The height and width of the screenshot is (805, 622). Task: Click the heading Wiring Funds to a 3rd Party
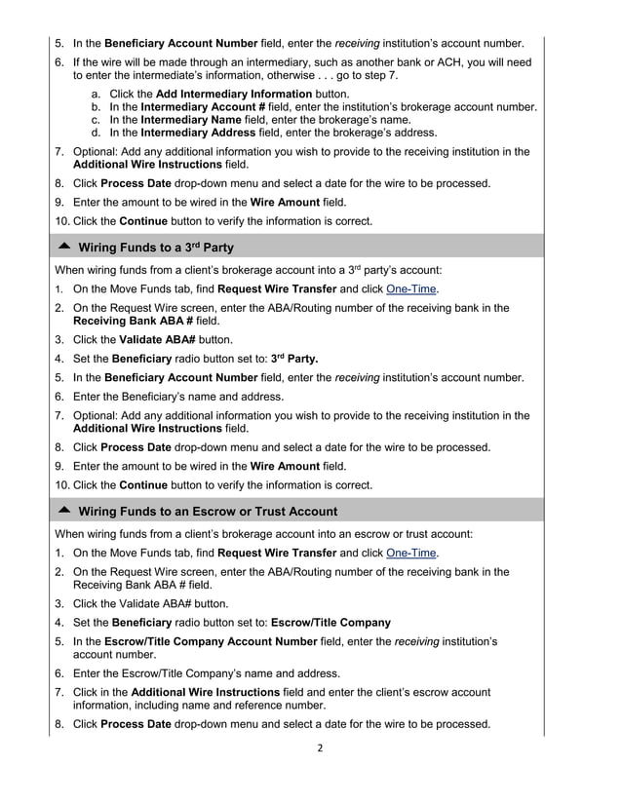coord(156,247)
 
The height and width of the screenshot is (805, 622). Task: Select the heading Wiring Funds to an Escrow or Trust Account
coord(208,511)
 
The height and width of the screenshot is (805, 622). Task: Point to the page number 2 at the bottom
coord(319,748)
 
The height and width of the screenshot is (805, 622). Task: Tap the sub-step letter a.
coord(96,93)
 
